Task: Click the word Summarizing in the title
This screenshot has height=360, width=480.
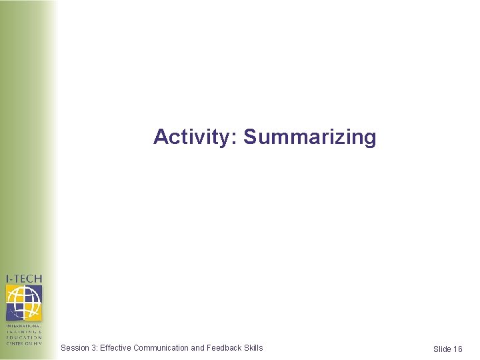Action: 310,137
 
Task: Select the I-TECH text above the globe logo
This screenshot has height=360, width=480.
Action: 24,279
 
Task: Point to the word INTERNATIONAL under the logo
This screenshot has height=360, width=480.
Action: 24,326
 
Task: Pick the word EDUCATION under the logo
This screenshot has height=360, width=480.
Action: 24,338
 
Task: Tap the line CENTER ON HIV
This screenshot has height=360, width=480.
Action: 24,343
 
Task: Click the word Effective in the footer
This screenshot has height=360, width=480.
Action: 115,347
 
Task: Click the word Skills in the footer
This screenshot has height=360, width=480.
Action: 254,347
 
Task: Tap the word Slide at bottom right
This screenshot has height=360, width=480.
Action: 442,349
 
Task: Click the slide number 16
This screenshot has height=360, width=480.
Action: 457,349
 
